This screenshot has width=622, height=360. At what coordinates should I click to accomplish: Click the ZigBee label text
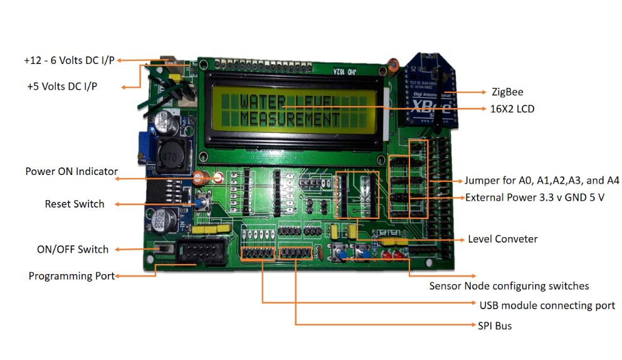point(508,92)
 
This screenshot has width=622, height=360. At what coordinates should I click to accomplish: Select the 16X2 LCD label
point(512,109)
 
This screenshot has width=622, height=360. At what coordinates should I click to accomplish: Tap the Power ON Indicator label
point(71,171)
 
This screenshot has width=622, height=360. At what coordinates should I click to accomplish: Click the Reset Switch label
point(75,204)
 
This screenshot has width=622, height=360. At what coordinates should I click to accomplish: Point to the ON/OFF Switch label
point(73,249)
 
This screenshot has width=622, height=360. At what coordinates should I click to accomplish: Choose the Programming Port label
point(71,276)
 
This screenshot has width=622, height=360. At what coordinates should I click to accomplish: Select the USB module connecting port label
point(547,305)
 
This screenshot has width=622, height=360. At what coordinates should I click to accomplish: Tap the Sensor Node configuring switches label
point(509,286)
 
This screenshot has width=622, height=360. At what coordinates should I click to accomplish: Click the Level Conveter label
point(502,239)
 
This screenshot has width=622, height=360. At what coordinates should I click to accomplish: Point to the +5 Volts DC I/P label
point(62,86)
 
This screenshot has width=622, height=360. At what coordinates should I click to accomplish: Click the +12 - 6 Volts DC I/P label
point(69,61)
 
